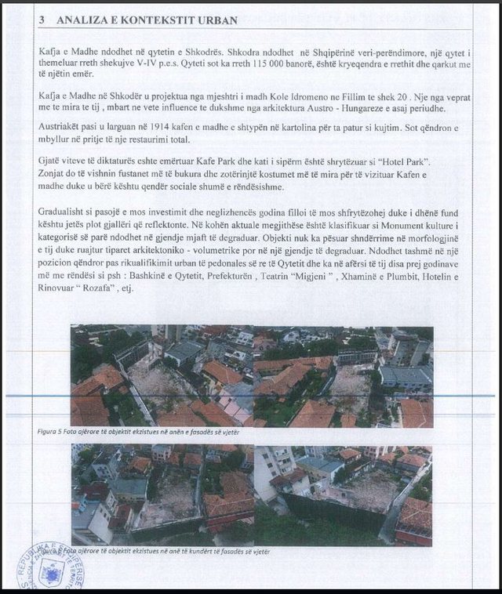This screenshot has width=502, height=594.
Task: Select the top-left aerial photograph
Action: point(162,376)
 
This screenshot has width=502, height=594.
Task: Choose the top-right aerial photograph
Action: point(343,376)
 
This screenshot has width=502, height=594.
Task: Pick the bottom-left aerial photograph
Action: point(162,494)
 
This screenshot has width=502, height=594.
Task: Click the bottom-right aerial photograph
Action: point(343,494)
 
